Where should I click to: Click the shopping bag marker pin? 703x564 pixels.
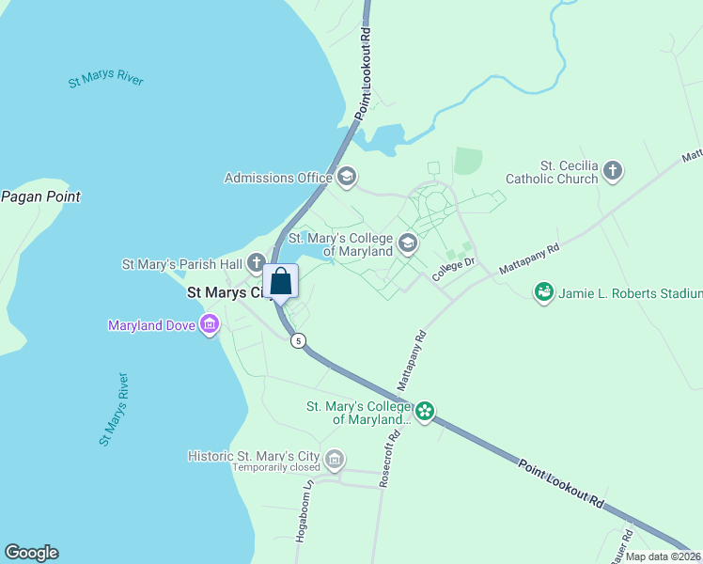click(280, 282)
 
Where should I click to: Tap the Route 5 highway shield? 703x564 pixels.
click(298, 340)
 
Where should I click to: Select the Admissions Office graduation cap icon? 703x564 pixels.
click(346, 177)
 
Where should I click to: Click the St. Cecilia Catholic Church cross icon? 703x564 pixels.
click(613, 171)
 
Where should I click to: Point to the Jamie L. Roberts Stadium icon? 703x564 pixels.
click(543, 293)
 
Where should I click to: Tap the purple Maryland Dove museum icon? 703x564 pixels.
click(210, 326)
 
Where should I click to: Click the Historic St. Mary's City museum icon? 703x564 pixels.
click(334, 460)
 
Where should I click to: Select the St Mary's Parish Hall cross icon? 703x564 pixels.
click(257, 264)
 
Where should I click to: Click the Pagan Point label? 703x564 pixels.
click(40, 196)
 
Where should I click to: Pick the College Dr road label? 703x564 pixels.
click(456, 270)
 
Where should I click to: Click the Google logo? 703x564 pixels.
click(31, 553)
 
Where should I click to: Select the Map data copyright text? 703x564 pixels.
click(664, 556)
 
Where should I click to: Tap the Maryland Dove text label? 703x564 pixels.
click(150, 326)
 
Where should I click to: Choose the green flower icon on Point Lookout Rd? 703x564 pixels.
click(425, 411)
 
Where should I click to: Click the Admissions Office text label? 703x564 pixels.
click(278, 178)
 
